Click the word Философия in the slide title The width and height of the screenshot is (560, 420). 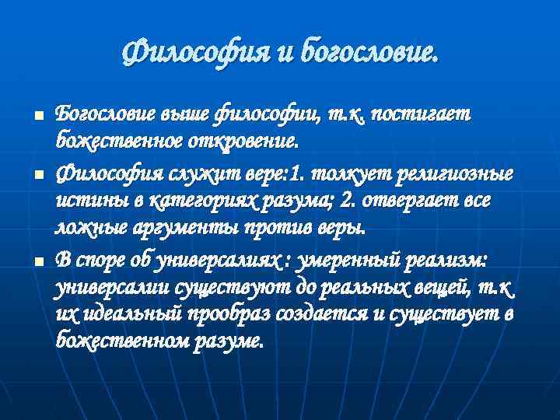tap(190, 54)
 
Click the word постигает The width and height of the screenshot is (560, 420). tap(420, 114)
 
